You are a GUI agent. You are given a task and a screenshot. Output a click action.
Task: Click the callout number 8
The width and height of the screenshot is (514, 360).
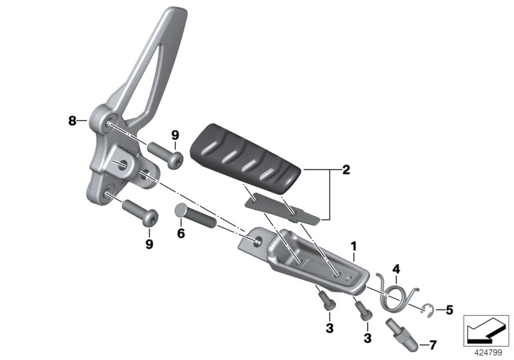point(73,120)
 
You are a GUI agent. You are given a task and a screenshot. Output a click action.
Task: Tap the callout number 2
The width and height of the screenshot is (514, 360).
point(346,170)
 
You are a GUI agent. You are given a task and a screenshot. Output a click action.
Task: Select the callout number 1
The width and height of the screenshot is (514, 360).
point(353,246)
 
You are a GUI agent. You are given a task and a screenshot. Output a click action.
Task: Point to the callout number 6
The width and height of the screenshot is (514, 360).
point(181,233)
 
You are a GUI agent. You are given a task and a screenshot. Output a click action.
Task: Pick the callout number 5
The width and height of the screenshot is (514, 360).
point(448,310)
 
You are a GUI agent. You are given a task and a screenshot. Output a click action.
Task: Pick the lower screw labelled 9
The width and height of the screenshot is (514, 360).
point(139,211)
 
